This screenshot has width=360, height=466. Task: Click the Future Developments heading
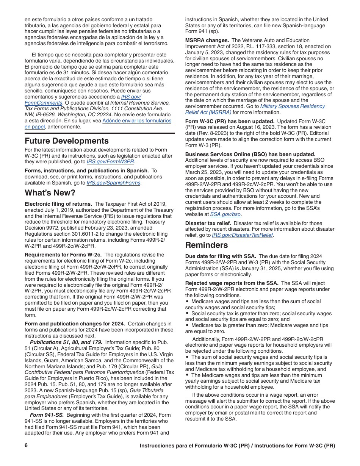67,141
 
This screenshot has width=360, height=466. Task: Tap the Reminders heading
207,245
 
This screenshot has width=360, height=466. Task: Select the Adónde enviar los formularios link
137,121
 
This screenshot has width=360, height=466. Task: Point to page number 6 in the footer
26,446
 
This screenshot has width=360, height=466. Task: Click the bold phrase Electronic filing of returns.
58,204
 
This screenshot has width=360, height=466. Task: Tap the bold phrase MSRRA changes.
207,41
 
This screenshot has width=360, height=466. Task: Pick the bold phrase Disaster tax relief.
208,223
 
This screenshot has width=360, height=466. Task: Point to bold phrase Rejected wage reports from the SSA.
232,283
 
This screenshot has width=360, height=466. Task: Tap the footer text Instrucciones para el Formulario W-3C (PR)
194,446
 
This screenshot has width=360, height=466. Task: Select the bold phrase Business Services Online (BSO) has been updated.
250,154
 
